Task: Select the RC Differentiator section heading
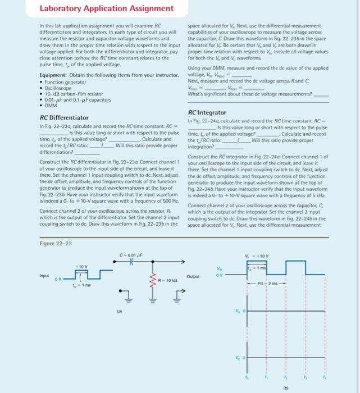click(x=65, y=117)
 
